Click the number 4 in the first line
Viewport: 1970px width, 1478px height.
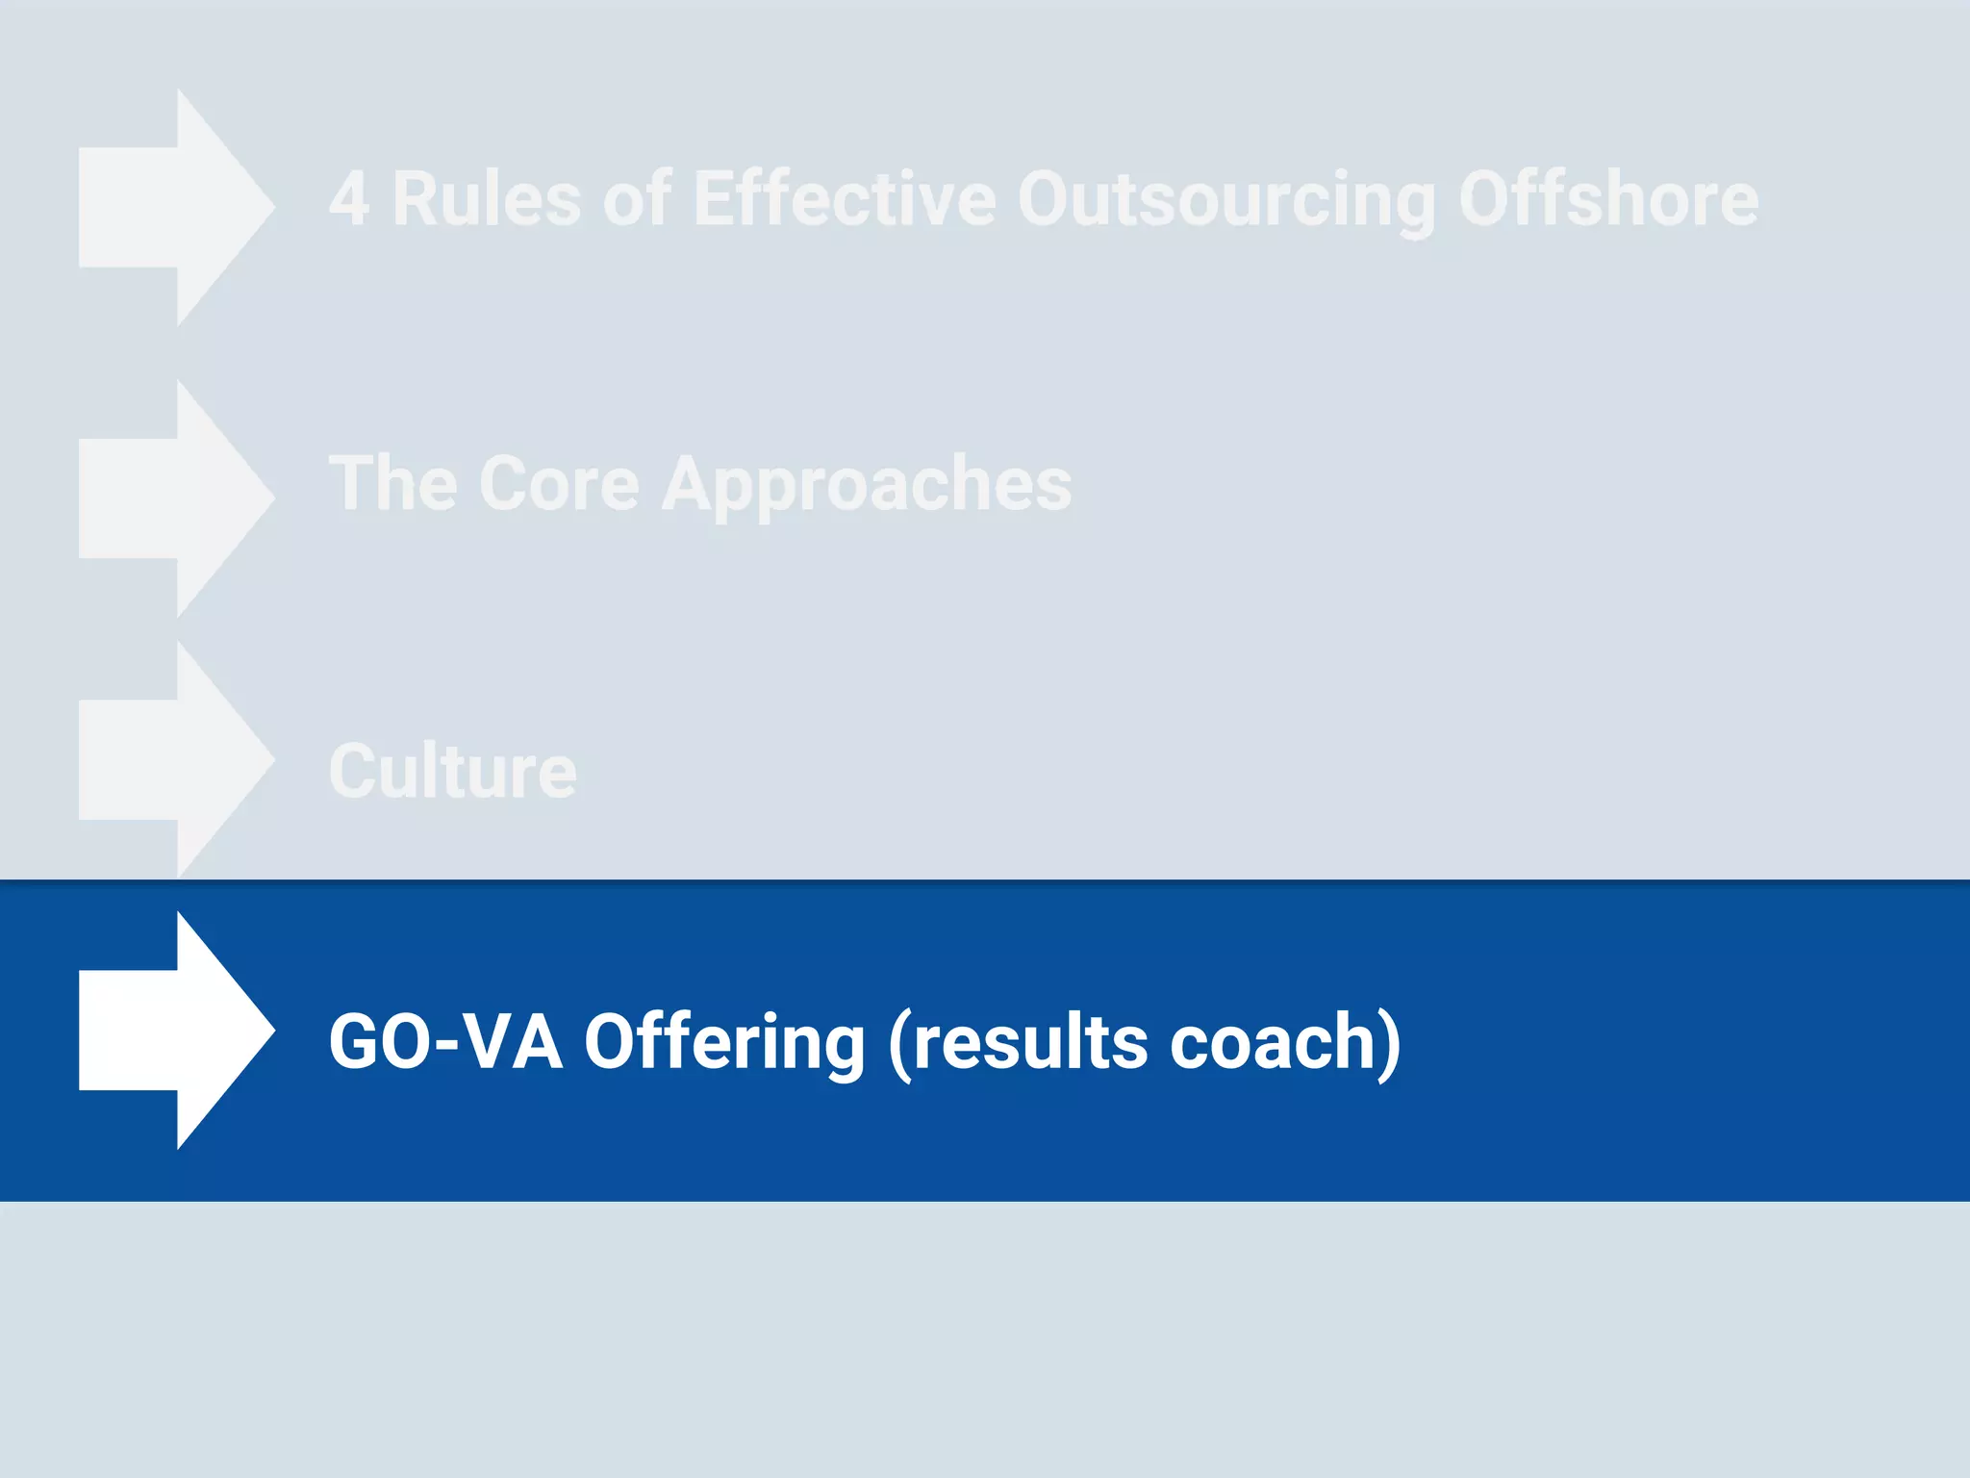click(349, 199)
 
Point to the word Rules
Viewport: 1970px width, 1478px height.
click(486, 199)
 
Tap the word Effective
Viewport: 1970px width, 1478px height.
click(845, 199)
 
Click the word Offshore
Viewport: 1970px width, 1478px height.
click(1608, 199)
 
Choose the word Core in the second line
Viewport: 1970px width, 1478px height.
click(559, 483)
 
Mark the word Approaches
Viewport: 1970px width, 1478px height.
click(867, 485)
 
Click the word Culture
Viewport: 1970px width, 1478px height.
click(453, 771)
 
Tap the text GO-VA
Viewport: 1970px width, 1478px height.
click(445, 1041)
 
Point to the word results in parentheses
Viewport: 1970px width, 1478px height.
click(1030, 1041)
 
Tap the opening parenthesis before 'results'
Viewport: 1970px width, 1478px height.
click(898, 1043)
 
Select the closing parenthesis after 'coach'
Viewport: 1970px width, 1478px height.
click(1389, 1043)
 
